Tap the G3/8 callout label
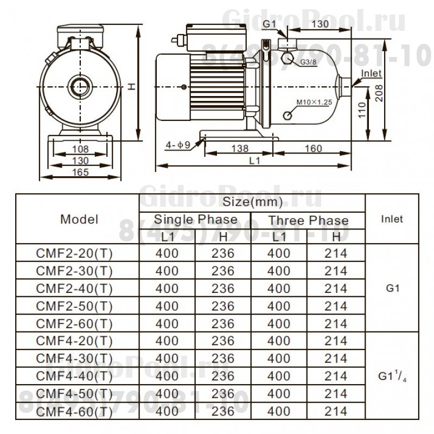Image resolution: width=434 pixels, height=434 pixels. [308, 63]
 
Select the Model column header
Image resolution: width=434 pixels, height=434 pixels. [79, 220]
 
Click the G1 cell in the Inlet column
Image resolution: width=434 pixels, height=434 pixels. [393, 289]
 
